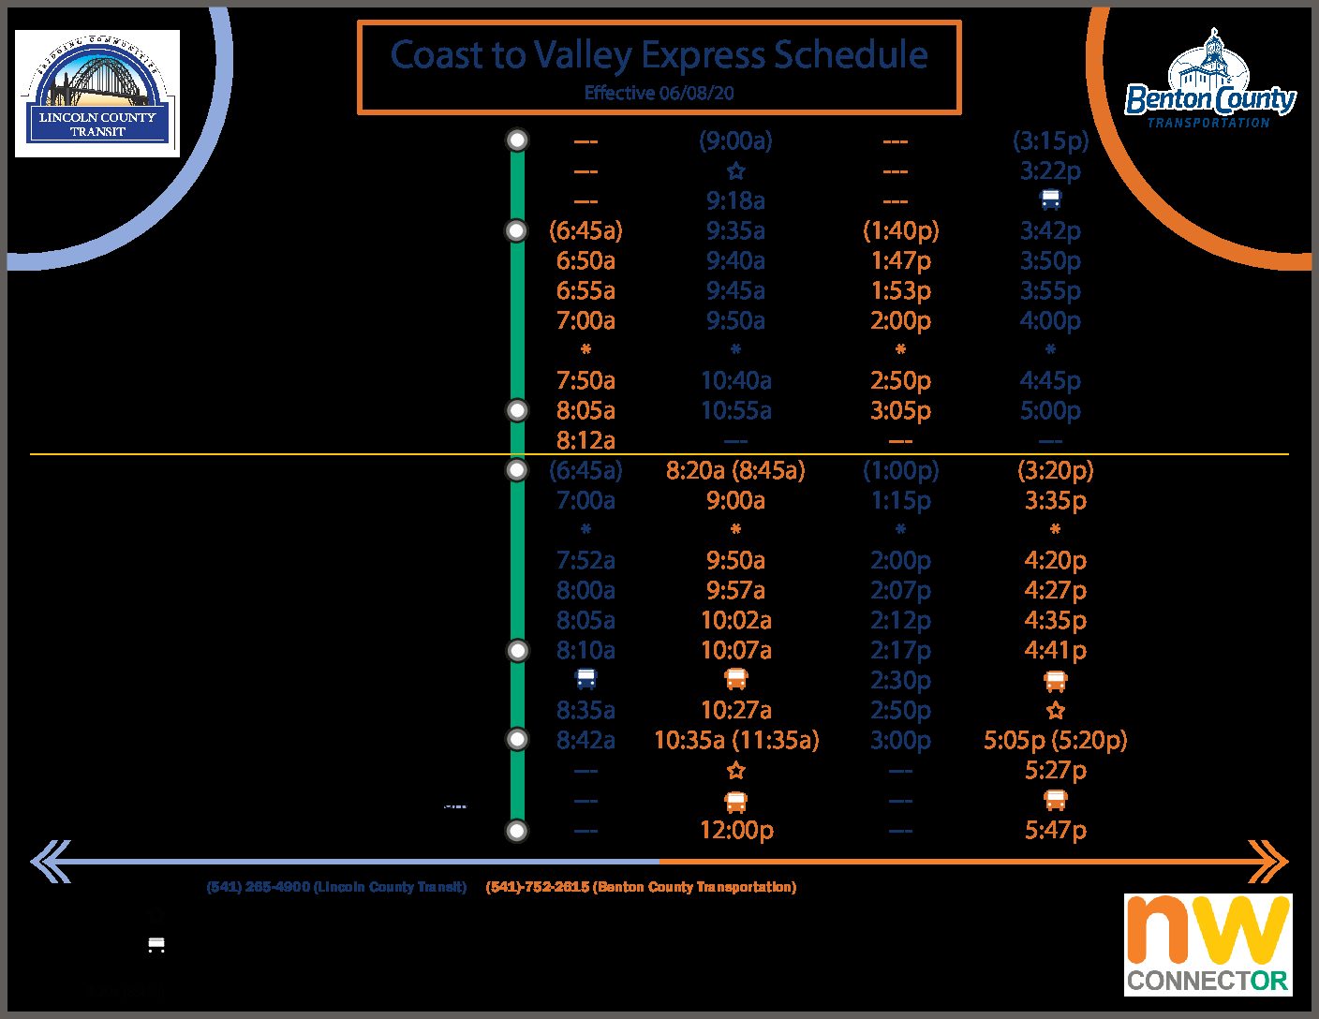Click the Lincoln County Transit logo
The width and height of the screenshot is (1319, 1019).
coord(97,93)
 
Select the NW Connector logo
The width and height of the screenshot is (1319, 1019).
coord(1208,944)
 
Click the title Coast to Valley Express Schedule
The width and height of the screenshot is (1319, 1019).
coord(659,55)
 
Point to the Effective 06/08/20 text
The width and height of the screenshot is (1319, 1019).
coord(659,93)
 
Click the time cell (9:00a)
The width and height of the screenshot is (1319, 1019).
coord(735,141)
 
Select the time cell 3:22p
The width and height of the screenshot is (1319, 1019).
coord(1050,171)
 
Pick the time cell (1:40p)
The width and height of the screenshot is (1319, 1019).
coord(900,231)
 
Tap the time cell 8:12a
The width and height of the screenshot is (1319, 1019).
coord(585,440)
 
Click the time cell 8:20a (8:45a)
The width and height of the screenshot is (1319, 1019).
coord(735,470)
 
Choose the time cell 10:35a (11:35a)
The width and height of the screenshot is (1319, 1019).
coord(736,740)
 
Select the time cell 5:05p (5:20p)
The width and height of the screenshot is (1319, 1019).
coord(1055,740)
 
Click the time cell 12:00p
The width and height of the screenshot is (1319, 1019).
coord(736,830)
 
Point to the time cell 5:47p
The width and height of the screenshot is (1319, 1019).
coord(1055,830)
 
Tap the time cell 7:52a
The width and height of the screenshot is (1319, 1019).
coord(585,560)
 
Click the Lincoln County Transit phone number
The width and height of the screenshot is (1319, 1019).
coord(336,887)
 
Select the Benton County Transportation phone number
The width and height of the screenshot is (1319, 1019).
coord(641,887)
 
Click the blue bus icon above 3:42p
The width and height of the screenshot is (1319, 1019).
coord(1051,199)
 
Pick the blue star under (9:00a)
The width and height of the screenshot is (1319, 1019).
coord(736,171)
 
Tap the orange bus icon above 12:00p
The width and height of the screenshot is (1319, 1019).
coord(736,802)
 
